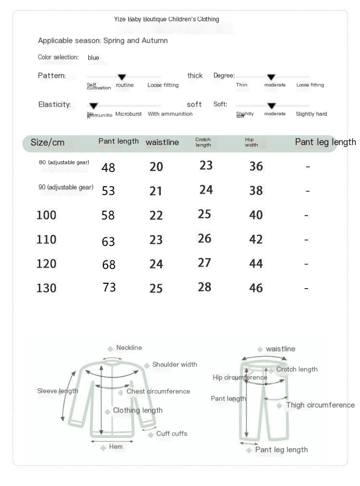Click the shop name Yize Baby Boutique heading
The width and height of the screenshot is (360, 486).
(x=167, y=19)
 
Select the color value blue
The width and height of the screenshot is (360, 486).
(x=94, y=58)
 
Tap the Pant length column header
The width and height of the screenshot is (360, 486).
(x=119, y=141)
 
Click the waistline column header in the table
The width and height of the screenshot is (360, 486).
(x=162, y=142)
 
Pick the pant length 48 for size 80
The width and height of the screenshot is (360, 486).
(x=108, y=168)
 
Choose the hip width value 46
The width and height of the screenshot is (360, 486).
(x=256, y=288)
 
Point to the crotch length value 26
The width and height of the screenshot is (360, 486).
(x=204, y=238)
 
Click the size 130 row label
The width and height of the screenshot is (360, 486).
(x=47, y=288)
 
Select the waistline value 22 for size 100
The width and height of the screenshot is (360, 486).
(x=156, y=216)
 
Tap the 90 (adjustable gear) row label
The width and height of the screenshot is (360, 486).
(x=66, y=187)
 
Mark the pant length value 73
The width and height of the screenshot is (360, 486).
(x=109, y=287)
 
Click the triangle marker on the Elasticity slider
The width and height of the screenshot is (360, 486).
(x=94, y=106)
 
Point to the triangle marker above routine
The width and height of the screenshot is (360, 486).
(x=122, y=77)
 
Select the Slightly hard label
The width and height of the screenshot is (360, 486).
(x=312, y=114)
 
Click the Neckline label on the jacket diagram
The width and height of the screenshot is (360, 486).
(x=129, y=348)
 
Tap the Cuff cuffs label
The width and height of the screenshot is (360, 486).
(x=171, y=434)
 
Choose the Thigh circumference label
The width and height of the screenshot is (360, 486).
(x=320, y=405)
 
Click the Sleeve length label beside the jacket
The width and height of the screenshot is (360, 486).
(x=58, y=391)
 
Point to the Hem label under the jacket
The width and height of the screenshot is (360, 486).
(x=116, y=447)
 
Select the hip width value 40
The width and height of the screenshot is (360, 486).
(x=256, y=215)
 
